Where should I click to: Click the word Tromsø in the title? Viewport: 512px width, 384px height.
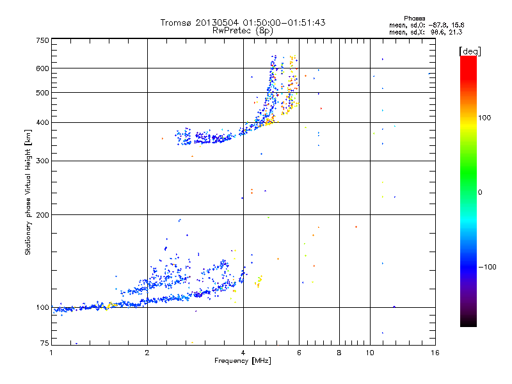pyautogui.click(x=176, y=22)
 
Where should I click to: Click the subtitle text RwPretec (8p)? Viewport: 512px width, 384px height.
pyautogui.click(x=243, y=31)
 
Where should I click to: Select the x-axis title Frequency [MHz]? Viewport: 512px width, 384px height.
pyautogui.click(x=243, y=361)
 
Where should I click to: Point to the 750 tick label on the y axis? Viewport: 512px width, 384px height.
pyautogui.click(x=42, y=40)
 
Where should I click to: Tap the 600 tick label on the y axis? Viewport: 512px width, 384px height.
pyautogui.click(x=42, y=68)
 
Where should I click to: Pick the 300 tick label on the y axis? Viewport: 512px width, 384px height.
pyautogui.click(x=42, y=161)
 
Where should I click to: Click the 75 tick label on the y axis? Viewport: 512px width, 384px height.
pyautogui.click(x=45, y=343)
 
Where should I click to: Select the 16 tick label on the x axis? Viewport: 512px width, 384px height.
pyautogui.click(x=435, y=353)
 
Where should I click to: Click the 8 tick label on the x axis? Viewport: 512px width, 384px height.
pyautogui.click(x=339, y=353)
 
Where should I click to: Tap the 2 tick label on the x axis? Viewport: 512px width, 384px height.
pyautogui.click(x=147, y=353)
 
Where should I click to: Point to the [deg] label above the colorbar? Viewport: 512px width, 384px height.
pyautogui.click(x=470, y=52)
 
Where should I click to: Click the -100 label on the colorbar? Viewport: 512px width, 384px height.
pyautogui.click(x=488, y=267)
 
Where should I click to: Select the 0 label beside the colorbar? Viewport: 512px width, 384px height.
pyautogui.click(x=480, y=193)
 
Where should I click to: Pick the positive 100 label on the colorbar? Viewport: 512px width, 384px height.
pyautogui.click(x=484, y=118)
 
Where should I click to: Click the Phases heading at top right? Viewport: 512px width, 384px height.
pyautogui.click(x=414, y=19)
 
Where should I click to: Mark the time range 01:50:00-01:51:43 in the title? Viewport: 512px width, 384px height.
pyautogui.click(x=284, y=22)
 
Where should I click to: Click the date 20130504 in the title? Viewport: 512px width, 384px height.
pyautogui.click(x=218, y=22)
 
